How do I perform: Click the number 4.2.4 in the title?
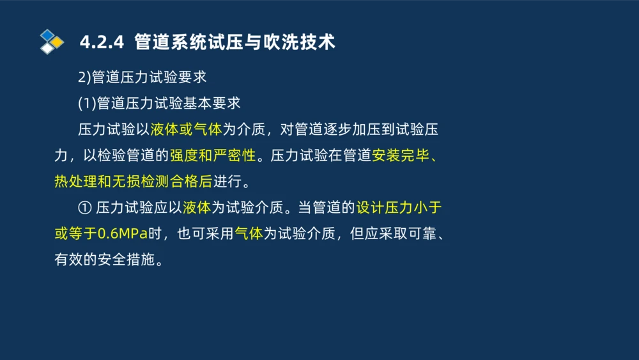tap(101, 42)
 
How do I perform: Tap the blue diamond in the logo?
tap(47, 35)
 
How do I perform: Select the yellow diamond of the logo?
tap(58, 42)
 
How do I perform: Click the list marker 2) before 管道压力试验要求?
tap(84, 78)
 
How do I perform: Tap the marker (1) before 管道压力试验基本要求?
tap(87, 104)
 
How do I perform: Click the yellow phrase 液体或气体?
tap(186, 130)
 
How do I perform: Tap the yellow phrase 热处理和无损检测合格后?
tap(132, 181)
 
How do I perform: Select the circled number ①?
tap(85, 208)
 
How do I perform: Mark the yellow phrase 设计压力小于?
tap(399, 208)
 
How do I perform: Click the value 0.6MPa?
tap(123, 233)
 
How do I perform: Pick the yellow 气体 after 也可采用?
tap(249, 233)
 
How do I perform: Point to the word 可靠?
tap(420, 233)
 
